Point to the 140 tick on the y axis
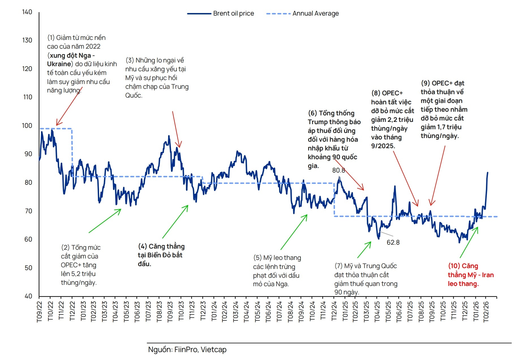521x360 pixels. (x=27, y=12)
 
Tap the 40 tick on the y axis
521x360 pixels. (x=28, y=296)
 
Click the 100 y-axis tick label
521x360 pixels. (x=27, y=126)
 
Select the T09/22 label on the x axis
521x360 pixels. (x=39, y=312)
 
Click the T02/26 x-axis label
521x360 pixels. (x=486, y=312)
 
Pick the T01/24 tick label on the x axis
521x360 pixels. (x=214, y=312)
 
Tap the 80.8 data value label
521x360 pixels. (x=338, y=170)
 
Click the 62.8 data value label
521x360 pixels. (x=393, y=242)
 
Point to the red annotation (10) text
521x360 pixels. (x=470, y=275)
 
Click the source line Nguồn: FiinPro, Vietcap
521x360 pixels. (x=187, y=350)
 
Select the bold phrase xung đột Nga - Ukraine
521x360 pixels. (x=71, y=60)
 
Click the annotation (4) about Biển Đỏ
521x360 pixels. (x=161, y=255)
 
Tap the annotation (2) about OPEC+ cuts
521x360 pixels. (x=81, y=265)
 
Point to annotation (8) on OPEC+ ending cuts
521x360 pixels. (x=392, y=119)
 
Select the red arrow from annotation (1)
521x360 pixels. (x=69, y=107)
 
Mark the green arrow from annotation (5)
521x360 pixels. (x=294, y=232)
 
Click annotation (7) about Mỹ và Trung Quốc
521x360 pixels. (x=366, y=279)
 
